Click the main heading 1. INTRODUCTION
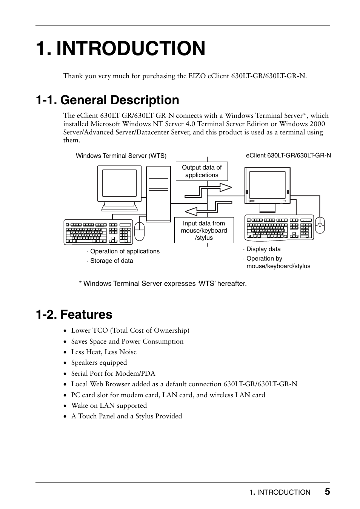click(121, 48)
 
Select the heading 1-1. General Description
click(108, 100)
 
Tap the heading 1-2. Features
click(74, 315)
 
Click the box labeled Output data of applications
click(202, 171)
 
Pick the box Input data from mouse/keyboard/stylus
click(204, 230)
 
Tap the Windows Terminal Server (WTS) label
click(121, 156)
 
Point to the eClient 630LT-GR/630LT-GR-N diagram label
click(288, 155)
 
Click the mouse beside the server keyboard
click(139, 231)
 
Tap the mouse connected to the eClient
click(320, 225)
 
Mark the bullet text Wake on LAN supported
click(109, 406)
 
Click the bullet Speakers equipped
click(99, 362)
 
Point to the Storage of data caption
click(111, 261)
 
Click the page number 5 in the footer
click(327, 491)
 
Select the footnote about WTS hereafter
click(163, 284)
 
